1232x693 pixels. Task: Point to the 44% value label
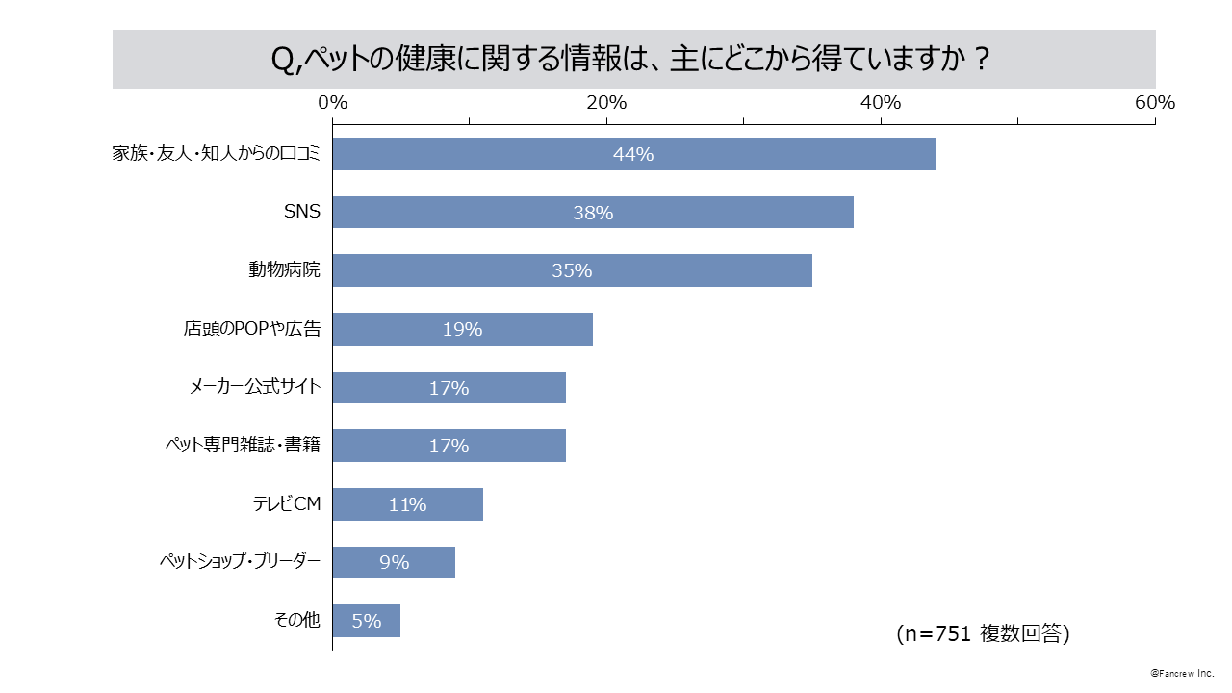click(633, 154)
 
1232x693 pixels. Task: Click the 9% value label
click(394, 563)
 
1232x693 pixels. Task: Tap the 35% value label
click(572, 271)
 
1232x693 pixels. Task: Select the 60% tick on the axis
click(1154, 103)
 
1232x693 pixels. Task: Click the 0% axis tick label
click(332, 103)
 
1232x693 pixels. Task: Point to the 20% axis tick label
click(606, 103)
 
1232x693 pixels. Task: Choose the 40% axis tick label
click(880, 103)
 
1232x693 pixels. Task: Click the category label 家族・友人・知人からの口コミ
click(216, 154)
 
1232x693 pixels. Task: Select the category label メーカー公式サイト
click(255, 388)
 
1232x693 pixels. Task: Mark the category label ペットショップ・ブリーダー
click(239, 563)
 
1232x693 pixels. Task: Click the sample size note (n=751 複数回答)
click(983, 633)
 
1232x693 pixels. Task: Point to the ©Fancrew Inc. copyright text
click(1182, 673)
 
